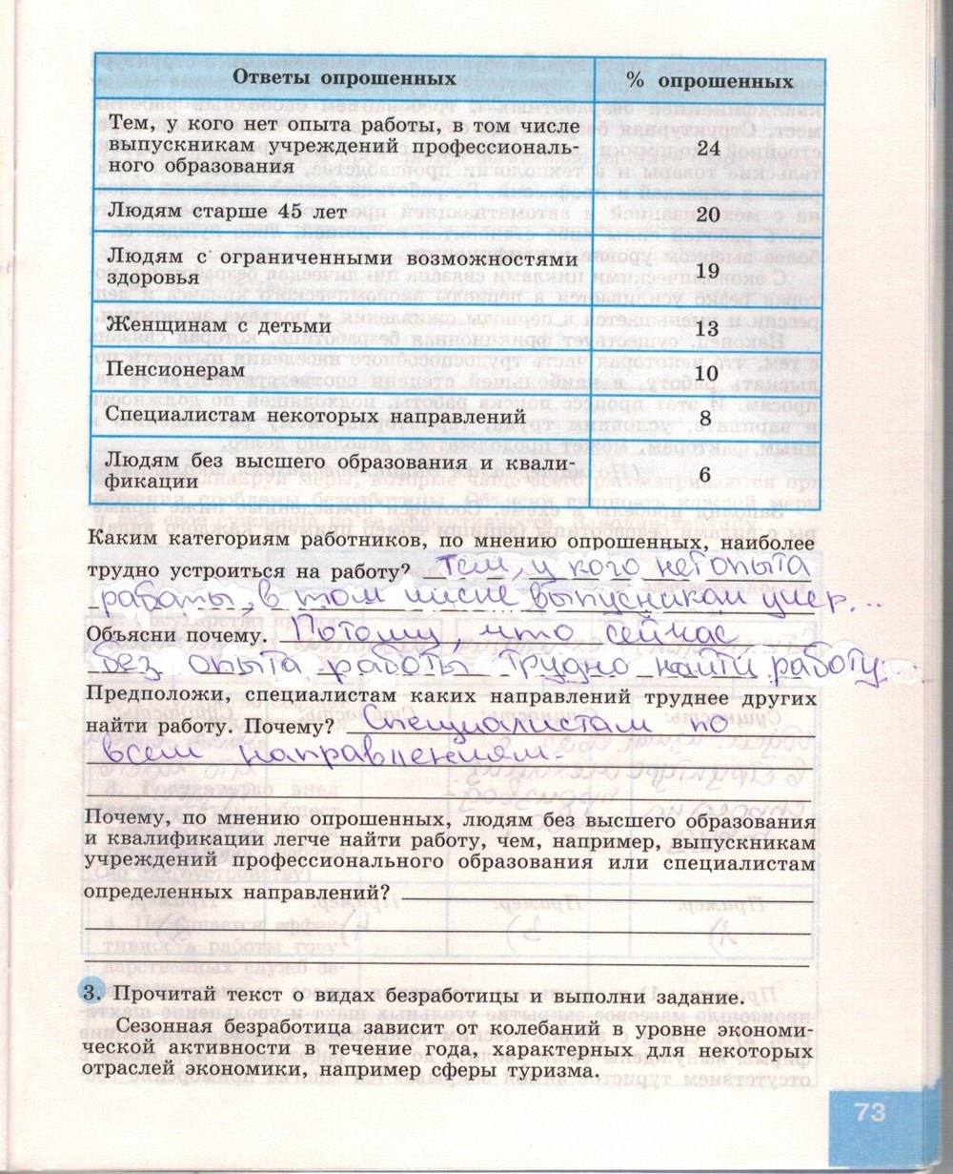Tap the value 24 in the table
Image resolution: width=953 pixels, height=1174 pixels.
click(x=707, y=148)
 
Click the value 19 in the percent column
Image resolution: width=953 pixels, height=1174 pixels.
click(x=707, y=271)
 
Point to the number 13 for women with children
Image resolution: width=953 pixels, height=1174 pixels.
click(x=707, y=328)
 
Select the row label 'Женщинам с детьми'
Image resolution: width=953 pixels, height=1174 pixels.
click(x=219, y=325)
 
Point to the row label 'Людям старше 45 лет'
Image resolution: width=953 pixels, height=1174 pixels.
click(x=226, y=211)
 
